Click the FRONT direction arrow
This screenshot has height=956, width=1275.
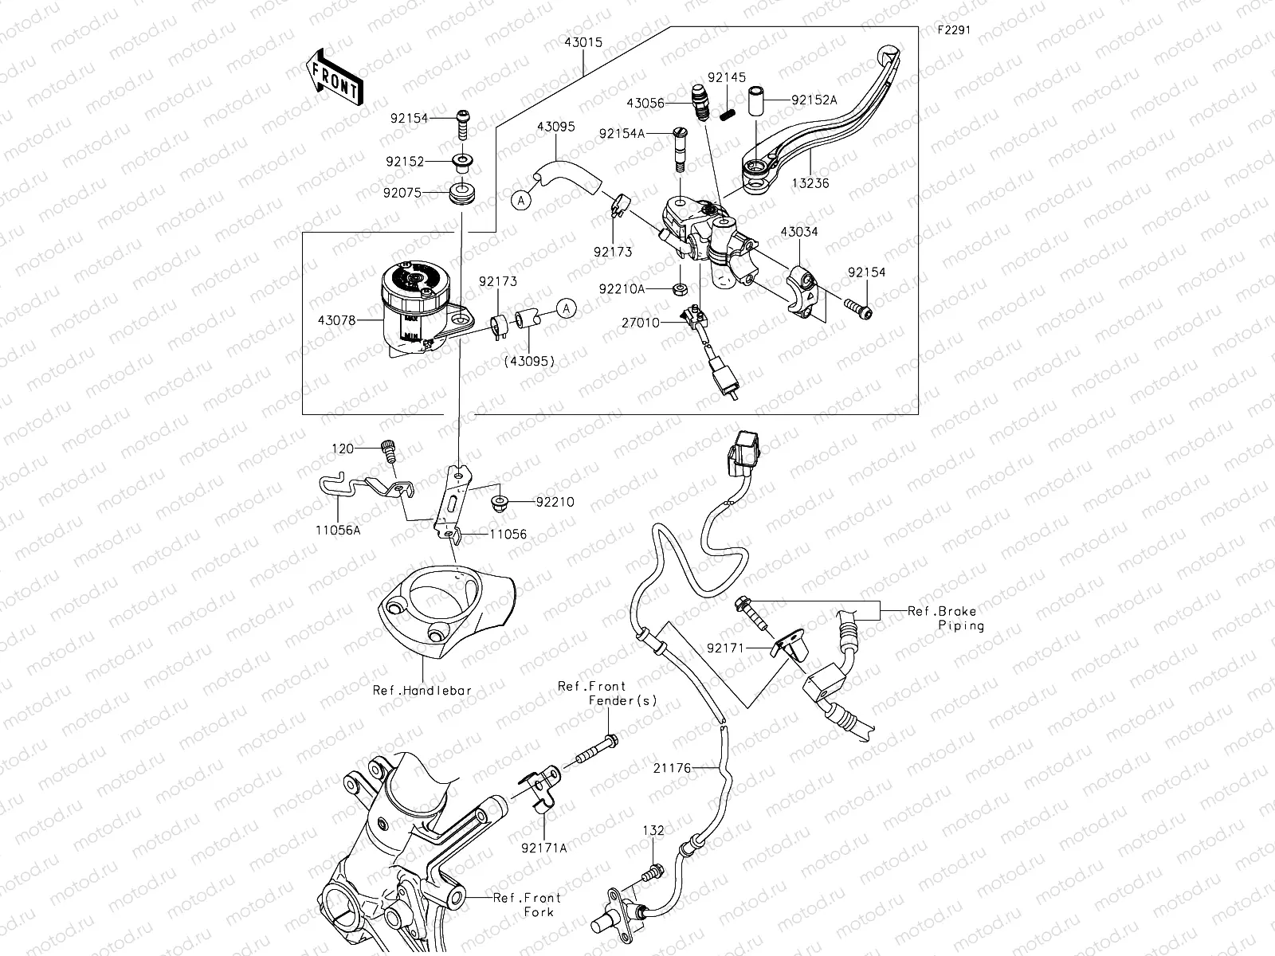click(x=333, y=79)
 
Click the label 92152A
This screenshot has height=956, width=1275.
click(x=814, y=100)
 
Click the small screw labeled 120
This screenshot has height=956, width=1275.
click(x=390, y=452)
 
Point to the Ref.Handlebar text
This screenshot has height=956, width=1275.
click(x=422, y=691)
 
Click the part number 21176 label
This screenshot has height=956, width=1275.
click(x=671, y=768)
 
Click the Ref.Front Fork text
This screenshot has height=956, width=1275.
click(x=528, y=904)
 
